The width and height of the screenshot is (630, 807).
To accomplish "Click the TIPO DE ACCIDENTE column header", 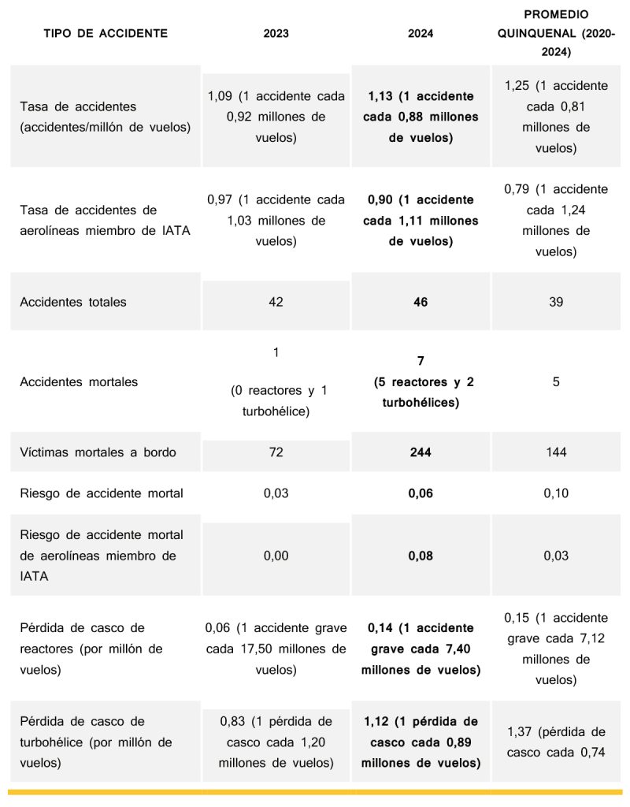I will click(106, 34).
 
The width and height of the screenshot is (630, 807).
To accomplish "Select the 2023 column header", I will click(276, 34).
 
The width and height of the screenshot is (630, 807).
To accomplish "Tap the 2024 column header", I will click(421, 34).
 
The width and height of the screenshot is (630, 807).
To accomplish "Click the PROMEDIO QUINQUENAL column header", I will click(556, 34).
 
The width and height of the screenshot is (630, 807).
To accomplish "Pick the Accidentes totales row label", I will click(73, 302).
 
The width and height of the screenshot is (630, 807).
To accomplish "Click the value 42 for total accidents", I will click(276, 302).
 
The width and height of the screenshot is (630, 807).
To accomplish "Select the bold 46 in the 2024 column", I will click(421, 302).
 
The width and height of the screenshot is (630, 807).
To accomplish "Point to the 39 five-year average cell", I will click(556, 302).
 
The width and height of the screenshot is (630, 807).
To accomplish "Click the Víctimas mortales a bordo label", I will click(98, 452).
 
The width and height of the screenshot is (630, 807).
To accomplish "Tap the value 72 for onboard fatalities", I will click(276, 452).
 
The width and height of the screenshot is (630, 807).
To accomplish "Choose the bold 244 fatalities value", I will click(421, 452).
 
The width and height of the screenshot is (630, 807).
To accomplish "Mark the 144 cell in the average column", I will click(556, 452).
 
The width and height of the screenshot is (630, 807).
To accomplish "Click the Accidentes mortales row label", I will click(79, 382).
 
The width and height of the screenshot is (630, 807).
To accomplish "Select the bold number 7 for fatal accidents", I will click(421, 362).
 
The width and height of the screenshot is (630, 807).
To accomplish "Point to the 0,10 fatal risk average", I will click(556, 493).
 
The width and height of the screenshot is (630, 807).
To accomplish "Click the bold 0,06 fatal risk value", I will click(421, 493).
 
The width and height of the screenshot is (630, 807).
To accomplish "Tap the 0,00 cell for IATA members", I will click(276, 556).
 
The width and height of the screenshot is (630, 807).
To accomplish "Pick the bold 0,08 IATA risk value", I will click(421, 556).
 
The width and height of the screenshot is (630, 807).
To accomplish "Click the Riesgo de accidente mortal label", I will click(102, 493).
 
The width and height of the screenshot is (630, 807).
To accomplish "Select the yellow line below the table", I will click(315, 790).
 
